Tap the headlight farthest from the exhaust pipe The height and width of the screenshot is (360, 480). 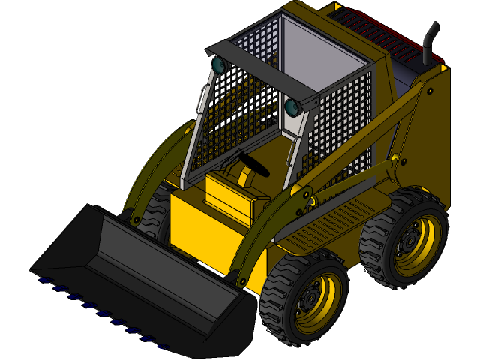(x=218, y=64)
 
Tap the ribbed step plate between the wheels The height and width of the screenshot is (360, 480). (x=330, y=225)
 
